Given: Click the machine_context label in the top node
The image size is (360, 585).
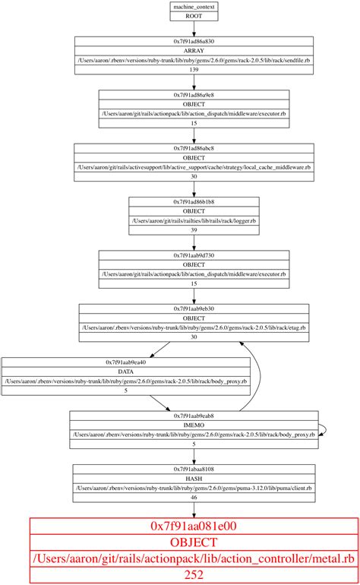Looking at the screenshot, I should click(194, 7).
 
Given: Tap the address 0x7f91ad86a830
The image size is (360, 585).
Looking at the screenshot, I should click(194, 42).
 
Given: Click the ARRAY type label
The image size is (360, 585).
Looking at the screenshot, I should click(194, 51).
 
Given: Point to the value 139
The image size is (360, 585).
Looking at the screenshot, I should click(194, 69).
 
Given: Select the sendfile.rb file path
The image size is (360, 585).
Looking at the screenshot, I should click(194, 60).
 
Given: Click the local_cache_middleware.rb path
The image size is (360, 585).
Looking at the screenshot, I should click(194, 166).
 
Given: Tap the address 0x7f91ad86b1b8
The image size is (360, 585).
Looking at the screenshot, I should click(194, 201).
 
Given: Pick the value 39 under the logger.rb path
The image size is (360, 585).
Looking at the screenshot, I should click(194, 229).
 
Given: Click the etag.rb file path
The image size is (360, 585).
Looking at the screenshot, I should click(194, 327).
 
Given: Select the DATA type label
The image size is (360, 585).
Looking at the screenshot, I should click(126, 372).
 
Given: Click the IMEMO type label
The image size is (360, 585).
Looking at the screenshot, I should click(194, 425).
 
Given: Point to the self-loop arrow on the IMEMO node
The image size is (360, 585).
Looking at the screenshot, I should click(325, 430).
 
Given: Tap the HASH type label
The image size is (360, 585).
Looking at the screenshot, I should click(194, 479).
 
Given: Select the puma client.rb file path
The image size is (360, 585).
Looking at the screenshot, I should click(194, 488).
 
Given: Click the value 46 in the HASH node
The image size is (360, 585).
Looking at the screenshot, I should click(194, 497).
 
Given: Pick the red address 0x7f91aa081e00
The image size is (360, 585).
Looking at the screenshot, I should click(194, 526).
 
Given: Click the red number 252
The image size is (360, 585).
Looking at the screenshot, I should click(194, 575).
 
